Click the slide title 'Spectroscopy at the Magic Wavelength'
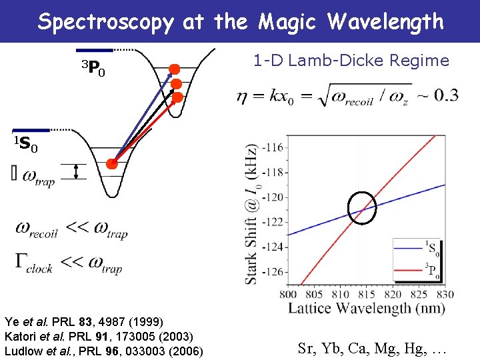tap(240, 21)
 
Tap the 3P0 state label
tap(93, 68)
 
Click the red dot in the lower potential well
tap(113, 163)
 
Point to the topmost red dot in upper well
tap(174, 69)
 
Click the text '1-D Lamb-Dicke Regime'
tap(351, 61)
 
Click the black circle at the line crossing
tap(362, 209)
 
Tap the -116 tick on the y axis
tap(273, 147)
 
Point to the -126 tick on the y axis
tap(273, 271)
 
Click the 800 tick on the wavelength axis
tap(288, 293)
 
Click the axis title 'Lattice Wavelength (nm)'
tap(366, 308)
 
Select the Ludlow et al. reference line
tap(104, 351)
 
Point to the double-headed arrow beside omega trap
tap(77, 172)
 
